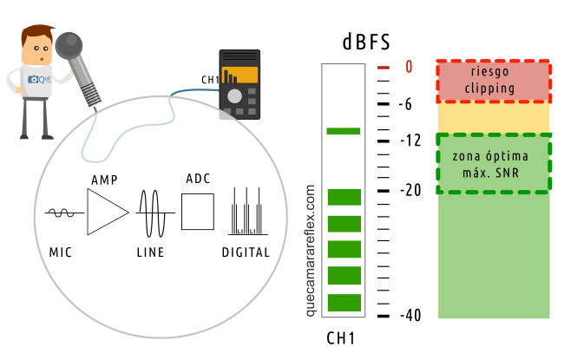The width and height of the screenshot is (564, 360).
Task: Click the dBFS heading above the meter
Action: click(364, 42)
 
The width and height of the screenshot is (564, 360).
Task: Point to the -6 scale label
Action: click(410, 103)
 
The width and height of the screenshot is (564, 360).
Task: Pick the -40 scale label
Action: click(411, 315)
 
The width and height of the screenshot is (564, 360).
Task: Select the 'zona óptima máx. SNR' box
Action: click(493, 163)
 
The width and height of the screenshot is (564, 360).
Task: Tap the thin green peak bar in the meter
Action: click(344, 131)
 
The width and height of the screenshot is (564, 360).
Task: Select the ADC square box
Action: click(197, 212)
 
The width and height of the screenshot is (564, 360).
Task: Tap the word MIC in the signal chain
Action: click(62, 253)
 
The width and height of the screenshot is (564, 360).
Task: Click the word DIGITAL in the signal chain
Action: click(246, 253)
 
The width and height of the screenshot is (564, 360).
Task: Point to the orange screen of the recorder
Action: click(239, 74)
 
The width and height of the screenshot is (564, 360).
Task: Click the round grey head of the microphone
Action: click(70, 46)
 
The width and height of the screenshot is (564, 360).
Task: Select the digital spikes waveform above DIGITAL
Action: click(246, 213)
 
